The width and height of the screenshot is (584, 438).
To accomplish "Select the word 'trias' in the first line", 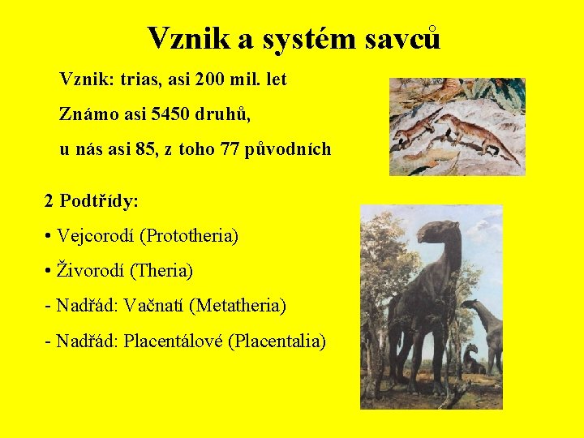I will pos(138,80).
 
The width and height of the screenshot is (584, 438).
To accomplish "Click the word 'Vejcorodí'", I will pos(96,236).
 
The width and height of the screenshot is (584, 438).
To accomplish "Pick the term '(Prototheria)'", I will pos(189,236).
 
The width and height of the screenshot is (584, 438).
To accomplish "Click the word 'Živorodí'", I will pos(91,270).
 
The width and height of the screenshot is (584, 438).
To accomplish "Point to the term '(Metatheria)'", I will pos(238,306).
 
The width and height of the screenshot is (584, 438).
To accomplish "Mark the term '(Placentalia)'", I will pos(277,341).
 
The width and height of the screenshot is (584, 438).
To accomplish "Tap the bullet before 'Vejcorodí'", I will pos(49,237).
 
